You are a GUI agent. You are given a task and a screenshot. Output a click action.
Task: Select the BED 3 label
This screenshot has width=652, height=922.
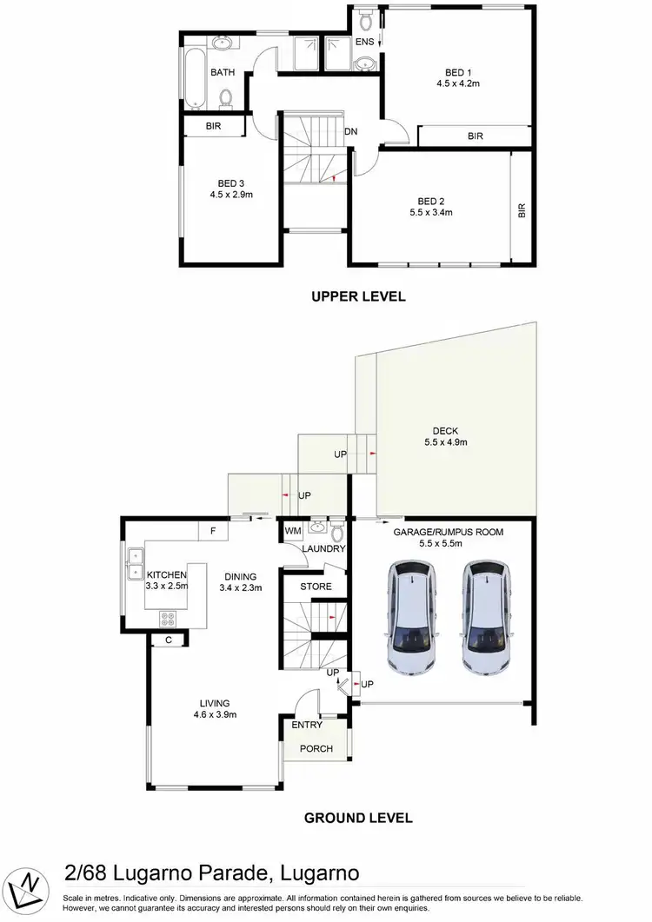pyautogui.click(x=230, y=183)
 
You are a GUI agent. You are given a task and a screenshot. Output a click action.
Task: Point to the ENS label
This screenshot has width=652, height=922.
pyautogui.click(x=363, y=42)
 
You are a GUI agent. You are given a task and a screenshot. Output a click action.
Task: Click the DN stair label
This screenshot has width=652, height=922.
pyautogui.click(x=351, y=132)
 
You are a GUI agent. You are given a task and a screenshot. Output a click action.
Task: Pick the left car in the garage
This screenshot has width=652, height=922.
pyautogui.click(x=409, y=618)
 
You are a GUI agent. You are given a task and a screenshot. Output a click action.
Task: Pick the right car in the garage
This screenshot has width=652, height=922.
pyautogui.click(x=483, y=618)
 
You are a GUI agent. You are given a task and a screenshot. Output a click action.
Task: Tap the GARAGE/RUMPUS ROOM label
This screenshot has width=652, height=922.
pyautogui.click(x=449, y=531)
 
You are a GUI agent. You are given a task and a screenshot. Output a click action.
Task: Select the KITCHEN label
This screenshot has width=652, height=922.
pyautogui.click(x=167, y=575)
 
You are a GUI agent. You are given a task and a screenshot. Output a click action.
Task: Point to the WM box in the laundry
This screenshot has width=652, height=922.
pyautogui.click(x=291, y=529)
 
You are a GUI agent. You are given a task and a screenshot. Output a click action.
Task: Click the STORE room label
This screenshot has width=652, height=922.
pyautogui.click(x=316, y=587)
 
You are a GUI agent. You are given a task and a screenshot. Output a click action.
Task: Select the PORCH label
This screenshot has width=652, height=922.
pyautogui.click(x=316, y=748)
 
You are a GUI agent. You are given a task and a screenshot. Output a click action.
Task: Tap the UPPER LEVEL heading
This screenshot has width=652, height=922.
pyautogui.click(x=359, y=296)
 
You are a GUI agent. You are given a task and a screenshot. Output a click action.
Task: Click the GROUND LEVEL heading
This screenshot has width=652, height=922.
pyautogui.click(x=357, y=818)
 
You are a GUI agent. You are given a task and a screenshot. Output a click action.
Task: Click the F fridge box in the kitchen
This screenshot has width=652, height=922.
pyautogui.click(x=213, y=530)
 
